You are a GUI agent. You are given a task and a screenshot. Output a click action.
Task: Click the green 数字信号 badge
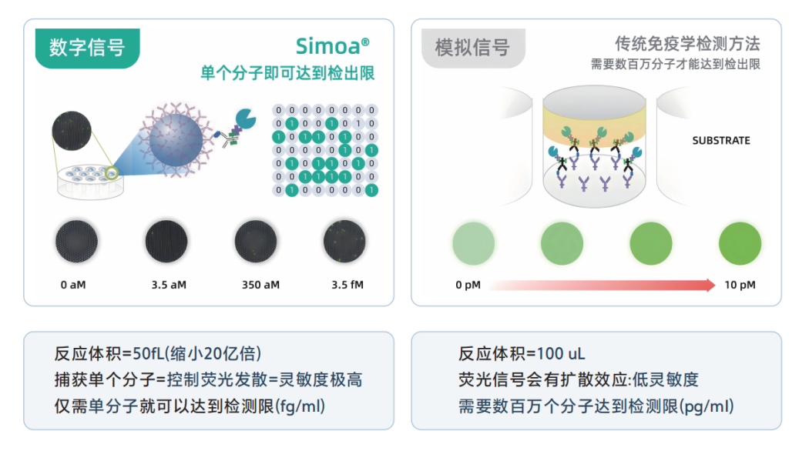[87, 48]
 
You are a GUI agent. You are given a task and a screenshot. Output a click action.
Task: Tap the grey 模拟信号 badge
[473, 48]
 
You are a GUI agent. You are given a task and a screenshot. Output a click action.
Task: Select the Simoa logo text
[332, 46]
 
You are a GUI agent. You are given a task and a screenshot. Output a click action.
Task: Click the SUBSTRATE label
[720, 140]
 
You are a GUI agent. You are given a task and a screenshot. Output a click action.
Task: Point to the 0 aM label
[73, 285]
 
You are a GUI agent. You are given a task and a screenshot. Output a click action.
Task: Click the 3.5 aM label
[169, 285]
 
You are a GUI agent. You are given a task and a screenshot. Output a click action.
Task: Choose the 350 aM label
[260, 285]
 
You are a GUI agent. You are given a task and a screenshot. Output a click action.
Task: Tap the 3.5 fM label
[347, 285]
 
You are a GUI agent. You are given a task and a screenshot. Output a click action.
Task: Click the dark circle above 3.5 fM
[344, 241]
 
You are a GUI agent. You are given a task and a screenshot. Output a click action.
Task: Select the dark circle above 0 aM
[76, 241]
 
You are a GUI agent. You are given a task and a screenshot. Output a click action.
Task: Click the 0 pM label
[468, 285]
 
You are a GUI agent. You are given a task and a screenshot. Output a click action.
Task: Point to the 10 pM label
[740, 285]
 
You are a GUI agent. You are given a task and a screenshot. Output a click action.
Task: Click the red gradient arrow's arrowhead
[711, 285]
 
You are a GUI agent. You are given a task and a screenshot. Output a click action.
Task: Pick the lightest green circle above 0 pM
[474, 243]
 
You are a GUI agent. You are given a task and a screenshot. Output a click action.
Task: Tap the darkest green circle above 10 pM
[740, 243]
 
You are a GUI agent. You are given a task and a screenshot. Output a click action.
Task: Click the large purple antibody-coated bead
[176, 140]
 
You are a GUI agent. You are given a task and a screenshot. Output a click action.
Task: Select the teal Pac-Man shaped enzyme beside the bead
[246, 119]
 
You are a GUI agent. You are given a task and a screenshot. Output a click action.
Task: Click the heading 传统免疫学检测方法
[687, 45]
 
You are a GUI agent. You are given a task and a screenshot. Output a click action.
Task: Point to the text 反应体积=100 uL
[522, 353]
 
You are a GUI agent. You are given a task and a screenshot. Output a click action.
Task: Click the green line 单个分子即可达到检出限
[287, 73]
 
